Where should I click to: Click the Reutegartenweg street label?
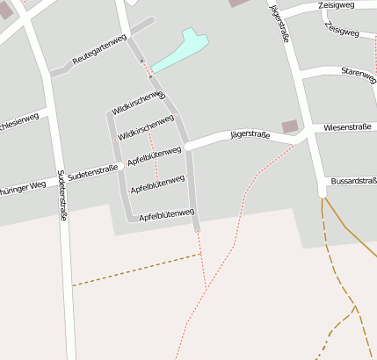point(99,51)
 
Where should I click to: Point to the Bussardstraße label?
point(353,182)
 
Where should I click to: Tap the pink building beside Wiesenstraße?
point(290,126)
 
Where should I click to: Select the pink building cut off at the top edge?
point(239,3)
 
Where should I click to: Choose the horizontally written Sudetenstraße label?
point(92,170)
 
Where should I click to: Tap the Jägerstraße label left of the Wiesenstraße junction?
point(249,134)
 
